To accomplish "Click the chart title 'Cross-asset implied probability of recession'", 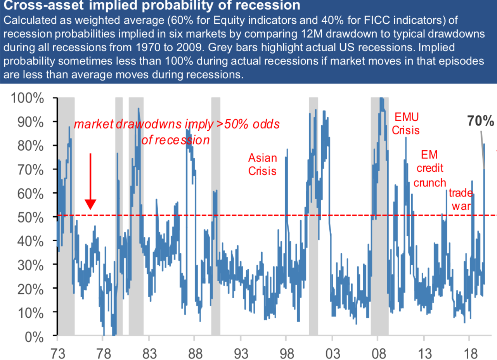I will (x=151, y=5).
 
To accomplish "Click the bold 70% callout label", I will (x=480, y=122).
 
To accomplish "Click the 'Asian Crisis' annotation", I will (x=262, y=164).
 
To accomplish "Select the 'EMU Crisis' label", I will (x=405, y=123).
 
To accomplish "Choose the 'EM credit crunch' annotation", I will (x=429, y=169).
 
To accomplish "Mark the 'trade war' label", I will (x=461, y=199).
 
